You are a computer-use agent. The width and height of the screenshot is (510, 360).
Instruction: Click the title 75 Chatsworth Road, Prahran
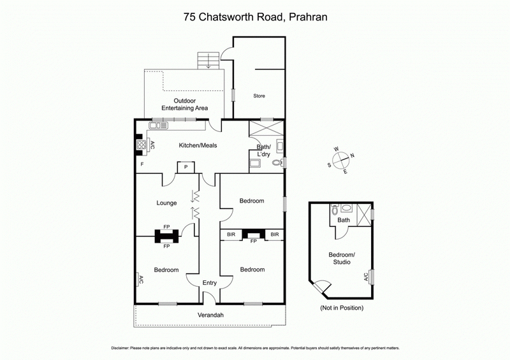tap(255, 18)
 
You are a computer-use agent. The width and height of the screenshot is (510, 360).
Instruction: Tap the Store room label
tap(258, 96)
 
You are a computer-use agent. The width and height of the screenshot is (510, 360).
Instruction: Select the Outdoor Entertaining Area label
tap(185, 104)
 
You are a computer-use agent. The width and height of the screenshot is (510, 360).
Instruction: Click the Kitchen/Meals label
tap(198, 145)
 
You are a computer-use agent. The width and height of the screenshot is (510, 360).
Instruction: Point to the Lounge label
tap(166, 203)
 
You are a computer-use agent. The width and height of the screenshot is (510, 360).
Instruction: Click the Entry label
tap(210, 283)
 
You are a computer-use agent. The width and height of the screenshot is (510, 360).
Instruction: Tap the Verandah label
tap(210, 315)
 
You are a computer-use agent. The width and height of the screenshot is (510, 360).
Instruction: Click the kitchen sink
tap(157, 124)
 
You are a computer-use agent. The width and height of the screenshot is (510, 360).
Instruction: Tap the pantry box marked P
tap(186, 167)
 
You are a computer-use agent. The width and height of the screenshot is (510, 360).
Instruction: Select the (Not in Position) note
tap(342, 308)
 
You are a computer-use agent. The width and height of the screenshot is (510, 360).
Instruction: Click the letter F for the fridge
tap(142, 164)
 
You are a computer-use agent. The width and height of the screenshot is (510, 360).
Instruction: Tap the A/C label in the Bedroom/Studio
tap(366, 277)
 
